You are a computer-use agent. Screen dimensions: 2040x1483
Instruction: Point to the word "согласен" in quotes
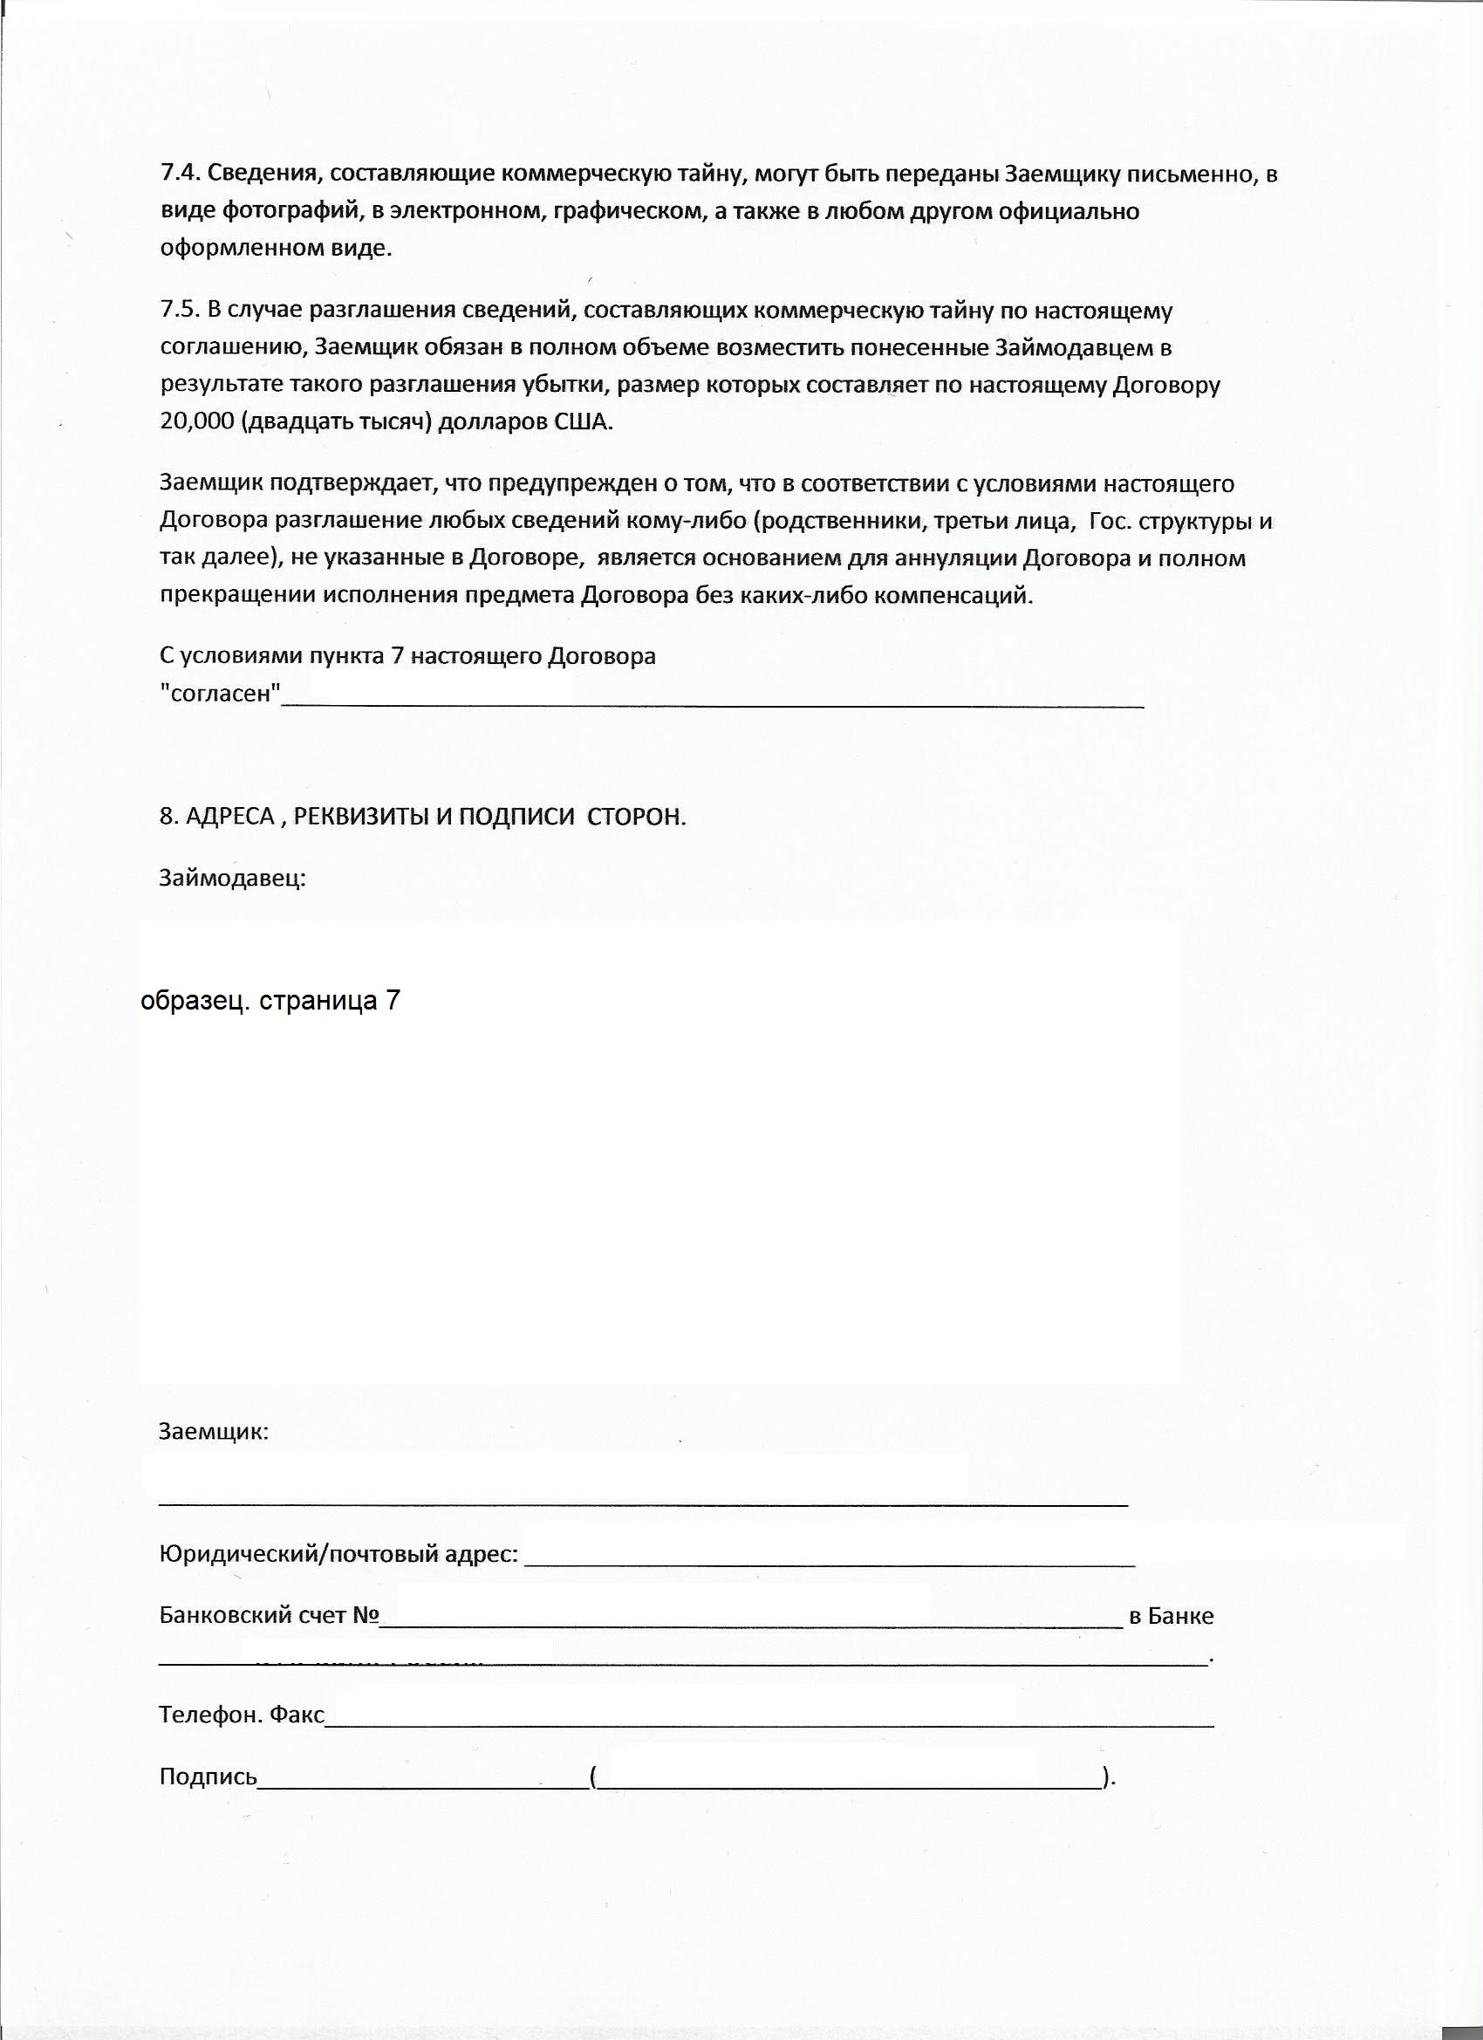click(x=221, y=694)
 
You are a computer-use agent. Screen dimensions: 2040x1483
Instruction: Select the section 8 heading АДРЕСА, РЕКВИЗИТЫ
click(x=423, y=816)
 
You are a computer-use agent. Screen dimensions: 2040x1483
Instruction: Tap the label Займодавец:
click(x=232, y=877)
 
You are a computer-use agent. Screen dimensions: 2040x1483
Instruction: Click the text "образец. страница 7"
click(x=270, y=1001)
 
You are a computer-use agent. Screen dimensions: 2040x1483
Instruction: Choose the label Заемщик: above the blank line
click(x=213, y=1431)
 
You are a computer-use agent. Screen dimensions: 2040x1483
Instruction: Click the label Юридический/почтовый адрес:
click(x=338, y=1553)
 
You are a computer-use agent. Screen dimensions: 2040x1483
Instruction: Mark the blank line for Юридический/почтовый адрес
click(x=828, y=1564)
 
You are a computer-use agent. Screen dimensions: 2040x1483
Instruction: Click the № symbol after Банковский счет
click(x=366, y=1615)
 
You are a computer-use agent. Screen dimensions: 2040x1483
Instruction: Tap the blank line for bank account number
click(x=751, y=1625)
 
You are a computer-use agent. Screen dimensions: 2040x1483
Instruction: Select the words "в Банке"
click(x=1171, y=1616)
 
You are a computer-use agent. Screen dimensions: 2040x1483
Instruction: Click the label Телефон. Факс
click(x=241, y=1715)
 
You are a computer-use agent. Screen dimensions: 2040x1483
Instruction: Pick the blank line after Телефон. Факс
click(x=769, y=1723)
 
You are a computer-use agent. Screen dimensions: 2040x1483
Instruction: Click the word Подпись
click(x=208, y=1776)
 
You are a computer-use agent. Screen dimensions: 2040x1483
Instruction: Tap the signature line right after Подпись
click(x=423, y=1785)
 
